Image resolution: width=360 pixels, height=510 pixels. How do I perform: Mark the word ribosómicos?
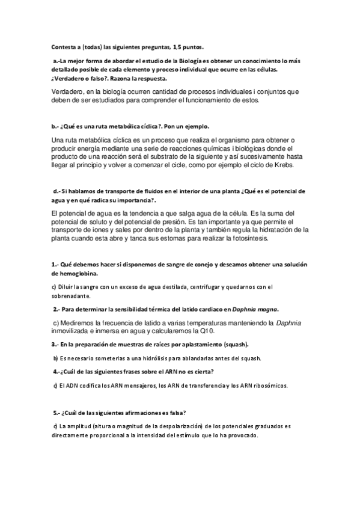click(271, 385)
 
